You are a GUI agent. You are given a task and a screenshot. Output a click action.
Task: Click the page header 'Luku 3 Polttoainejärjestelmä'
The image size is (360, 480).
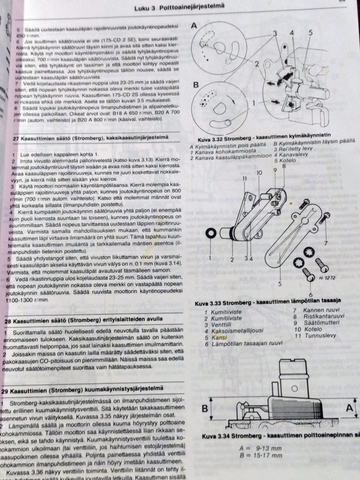pyautogui.click(x=179, y=7)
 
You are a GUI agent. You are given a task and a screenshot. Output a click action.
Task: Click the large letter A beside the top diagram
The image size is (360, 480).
pyautogui.click(x=194, y=25)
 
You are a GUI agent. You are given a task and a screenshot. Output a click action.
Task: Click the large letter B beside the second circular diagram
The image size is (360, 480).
pyautogui.click(x=195, y=85)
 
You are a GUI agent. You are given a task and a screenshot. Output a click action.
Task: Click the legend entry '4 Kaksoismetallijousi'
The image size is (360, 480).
pyautogui.click(x=234, y=331)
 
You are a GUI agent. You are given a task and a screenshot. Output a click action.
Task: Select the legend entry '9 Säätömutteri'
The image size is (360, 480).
pyautogui.click(x=314, y=322)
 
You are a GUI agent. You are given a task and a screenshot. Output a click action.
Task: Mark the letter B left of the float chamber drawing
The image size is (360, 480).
pyautogui.click(x=205, y=408)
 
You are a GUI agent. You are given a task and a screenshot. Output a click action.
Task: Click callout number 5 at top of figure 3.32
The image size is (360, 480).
pyautogui.click(x=310, y=33)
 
